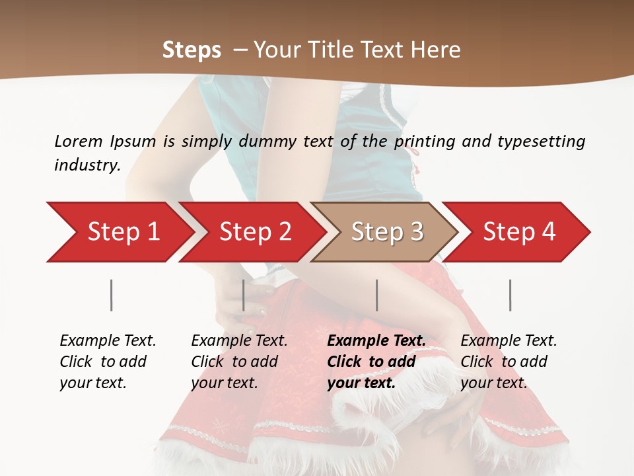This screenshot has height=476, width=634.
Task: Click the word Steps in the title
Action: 192,50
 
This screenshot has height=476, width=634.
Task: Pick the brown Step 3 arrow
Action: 387,231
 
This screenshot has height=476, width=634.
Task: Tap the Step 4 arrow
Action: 519,231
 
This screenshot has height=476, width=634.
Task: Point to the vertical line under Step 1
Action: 112,295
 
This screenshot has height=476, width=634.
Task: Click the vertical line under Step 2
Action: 244,295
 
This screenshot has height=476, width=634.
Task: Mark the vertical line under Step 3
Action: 377,295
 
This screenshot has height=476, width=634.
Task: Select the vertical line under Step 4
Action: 511,295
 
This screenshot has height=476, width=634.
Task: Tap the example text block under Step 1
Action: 108,361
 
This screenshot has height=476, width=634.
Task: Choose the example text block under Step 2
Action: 239,361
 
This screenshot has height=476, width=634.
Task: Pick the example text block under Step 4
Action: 509,361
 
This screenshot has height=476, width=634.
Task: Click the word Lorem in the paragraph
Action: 78,141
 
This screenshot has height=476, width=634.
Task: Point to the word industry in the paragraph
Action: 87,165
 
